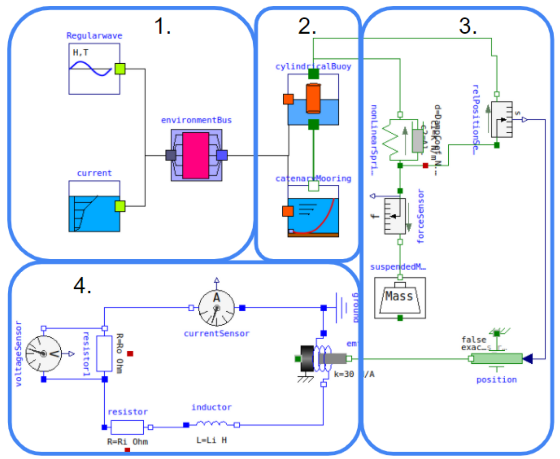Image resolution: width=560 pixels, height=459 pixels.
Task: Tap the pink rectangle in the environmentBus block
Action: click(196, 155)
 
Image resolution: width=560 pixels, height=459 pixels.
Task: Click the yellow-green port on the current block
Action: click(120, 206)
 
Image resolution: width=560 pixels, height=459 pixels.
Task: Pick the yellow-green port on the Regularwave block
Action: click(120, 69)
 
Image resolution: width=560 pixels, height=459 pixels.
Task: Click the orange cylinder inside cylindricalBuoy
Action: click(313, 99)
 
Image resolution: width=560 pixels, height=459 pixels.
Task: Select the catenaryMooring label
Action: click(313, 179)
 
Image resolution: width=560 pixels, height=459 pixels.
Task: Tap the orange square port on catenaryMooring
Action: click(288, 211)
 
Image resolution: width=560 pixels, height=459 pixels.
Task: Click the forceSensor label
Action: click(420, 216)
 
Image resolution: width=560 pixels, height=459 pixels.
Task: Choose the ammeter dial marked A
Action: click(216, 308)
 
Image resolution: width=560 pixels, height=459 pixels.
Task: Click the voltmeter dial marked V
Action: click(44, 354)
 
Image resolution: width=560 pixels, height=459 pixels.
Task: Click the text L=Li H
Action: click(211, 440)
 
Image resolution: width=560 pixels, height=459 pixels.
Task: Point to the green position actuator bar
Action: click(497, 359)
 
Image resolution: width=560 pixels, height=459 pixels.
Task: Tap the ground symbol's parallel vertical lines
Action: click(341, 308)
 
